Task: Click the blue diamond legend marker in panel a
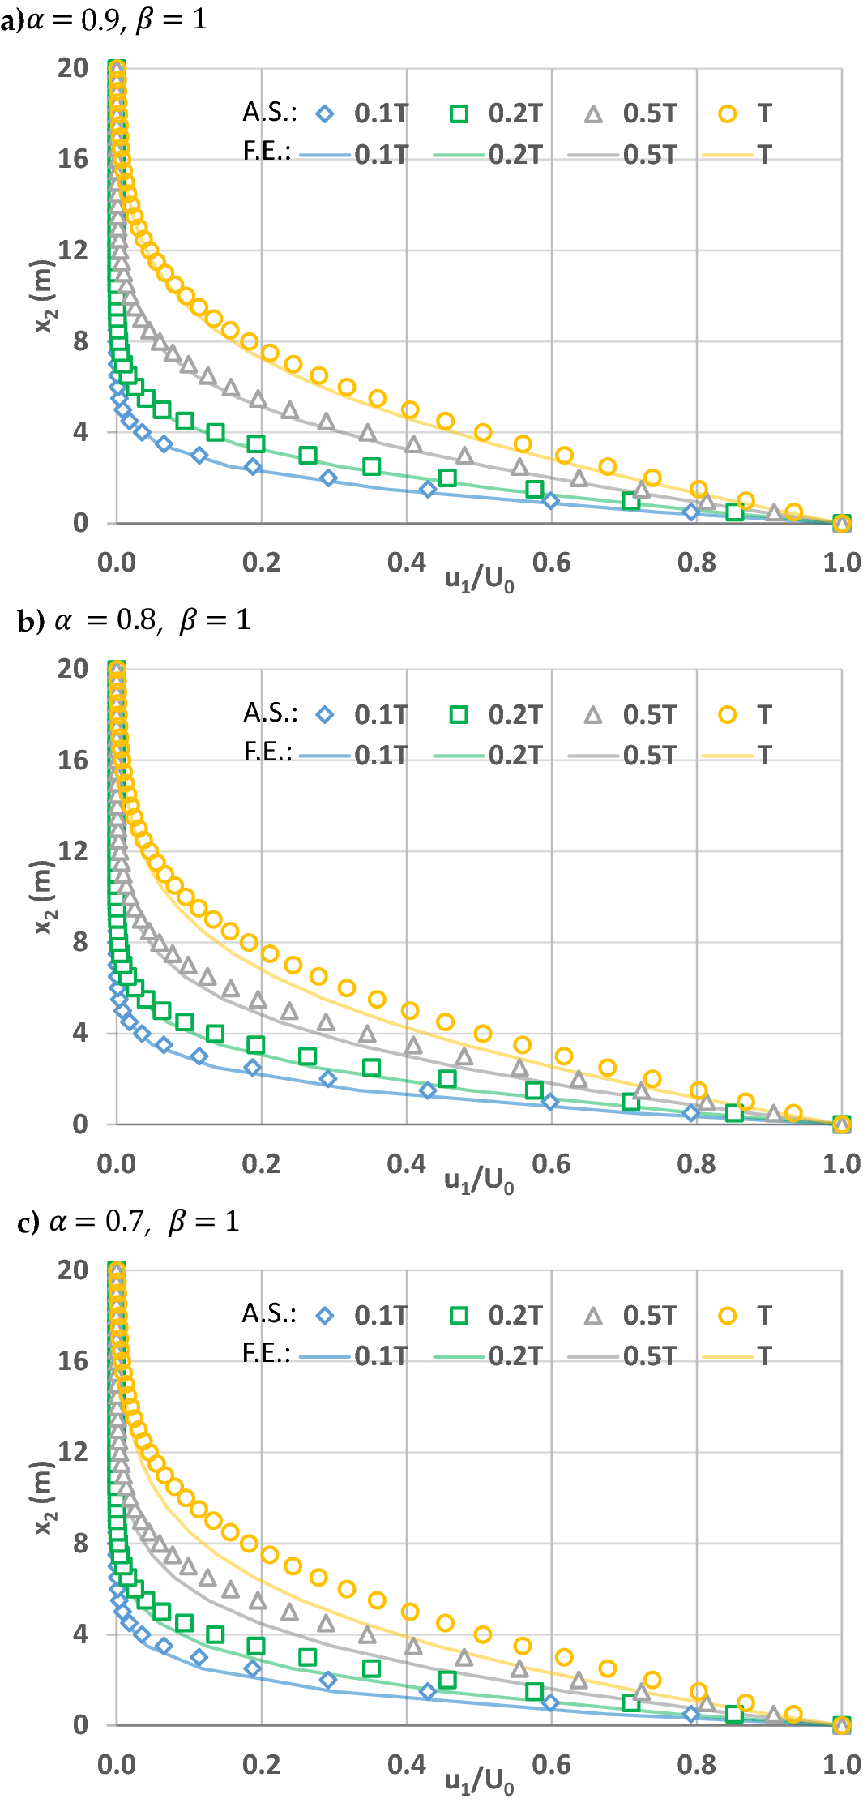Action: tap(325, 114)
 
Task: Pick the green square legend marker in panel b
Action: tap(459, 715)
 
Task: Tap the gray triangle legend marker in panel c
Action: tap(593, 1316)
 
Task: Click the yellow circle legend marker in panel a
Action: tap(727, 114)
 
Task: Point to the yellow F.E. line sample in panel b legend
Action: tap(727, 756)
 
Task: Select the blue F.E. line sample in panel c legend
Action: tap(325, 1356)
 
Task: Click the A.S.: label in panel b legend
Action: tap(271, 713)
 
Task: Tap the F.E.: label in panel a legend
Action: tap(267, 152)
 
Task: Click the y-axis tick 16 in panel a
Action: tap(73, 159)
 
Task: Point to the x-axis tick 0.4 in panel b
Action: tap(406, 1164)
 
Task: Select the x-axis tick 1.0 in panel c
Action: tap(841, 1765)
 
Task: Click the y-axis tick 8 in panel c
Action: tap(79, 1543)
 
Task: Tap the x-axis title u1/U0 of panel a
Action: tap(479, 579)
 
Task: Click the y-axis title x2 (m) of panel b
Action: tap(44, 896)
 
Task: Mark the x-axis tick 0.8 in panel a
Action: tap(696, 563)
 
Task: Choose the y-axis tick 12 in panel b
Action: tap(73, 851)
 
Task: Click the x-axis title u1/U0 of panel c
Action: tap(479, 1781)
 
